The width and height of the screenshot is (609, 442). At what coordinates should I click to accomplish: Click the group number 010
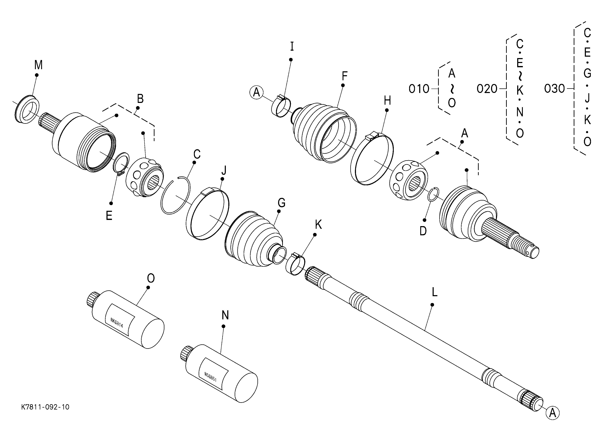(x=419, y=89)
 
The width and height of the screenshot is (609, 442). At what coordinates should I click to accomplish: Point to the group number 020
(x=487, y=89)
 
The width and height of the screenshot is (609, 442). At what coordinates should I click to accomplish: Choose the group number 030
(x=554, y=89)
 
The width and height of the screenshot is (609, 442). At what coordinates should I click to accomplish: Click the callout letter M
(x=38, y=65)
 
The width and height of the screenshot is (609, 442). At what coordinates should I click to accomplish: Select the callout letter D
(x=423, y=231)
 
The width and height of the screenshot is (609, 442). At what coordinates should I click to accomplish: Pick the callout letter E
(x=109, y=216)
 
